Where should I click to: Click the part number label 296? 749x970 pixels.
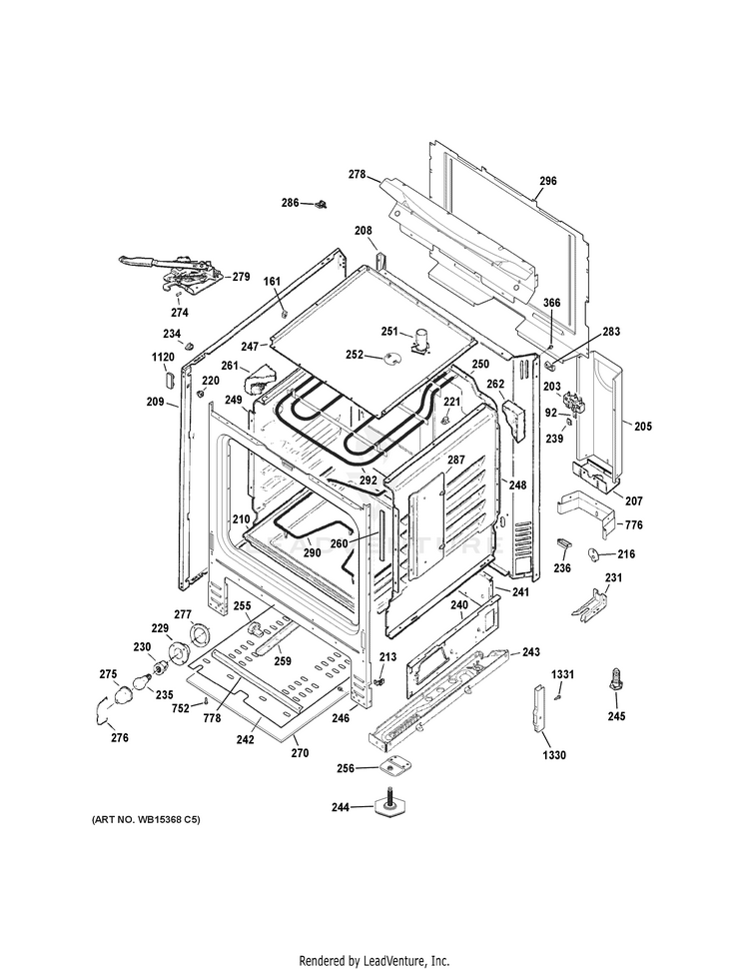(547, 181)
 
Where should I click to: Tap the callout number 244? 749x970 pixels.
(341, 807)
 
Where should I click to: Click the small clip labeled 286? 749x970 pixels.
(321, 204)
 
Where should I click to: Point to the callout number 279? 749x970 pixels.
(241, 277)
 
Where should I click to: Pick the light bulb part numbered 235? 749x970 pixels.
(142, 681)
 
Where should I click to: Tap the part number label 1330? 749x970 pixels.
(554, 754)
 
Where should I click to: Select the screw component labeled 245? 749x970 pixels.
(616, 678)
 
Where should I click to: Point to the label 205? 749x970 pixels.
(642, 427)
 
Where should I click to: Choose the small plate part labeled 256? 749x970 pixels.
(390, 766)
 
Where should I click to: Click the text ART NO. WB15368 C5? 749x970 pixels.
(146, 820)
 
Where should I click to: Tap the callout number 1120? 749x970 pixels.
(163, 357)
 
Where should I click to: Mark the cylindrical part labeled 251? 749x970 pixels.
(421, 341)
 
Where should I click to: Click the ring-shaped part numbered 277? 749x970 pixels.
(201, 634)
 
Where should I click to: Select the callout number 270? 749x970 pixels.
(300, 753)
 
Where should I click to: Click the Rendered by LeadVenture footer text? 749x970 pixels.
(374, 961)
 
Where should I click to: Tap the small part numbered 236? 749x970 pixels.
(563, 543)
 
